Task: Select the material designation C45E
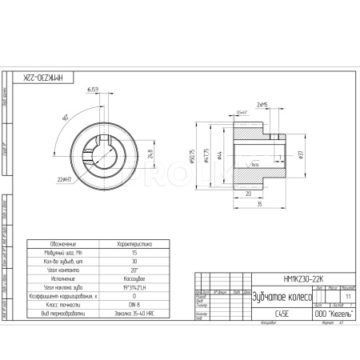(282, 315)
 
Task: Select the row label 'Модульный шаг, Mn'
(62, 252)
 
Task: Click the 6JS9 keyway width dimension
(93, 90)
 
